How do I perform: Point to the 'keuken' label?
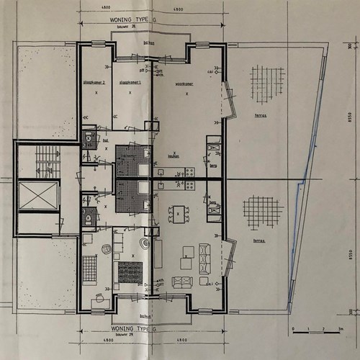coord(174,156)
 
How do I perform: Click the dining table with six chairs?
coord(177,212)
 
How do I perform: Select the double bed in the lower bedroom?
coord(130,272)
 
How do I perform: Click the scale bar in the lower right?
coord(317,328)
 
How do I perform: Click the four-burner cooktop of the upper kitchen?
coord(190,171)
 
